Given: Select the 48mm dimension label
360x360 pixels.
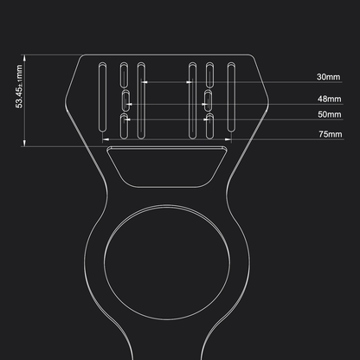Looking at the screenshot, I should tap(329, 100).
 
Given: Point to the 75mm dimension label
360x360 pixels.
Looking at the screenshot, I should tap(329, 135).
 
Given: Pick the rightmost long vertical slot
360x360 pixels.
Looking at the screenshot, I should tap(231, 97).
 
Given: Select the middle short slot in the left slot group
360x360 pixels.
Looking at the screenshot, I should tap(125, 103).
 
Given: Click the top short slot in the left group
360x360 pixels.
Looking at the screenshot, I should tap(125, 74).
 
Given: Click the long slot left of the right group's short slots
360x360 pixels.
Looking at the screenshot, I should tap(191, 97).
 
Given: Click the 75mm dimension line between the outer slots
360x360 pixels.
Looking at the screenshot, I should tap(169, 136).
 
